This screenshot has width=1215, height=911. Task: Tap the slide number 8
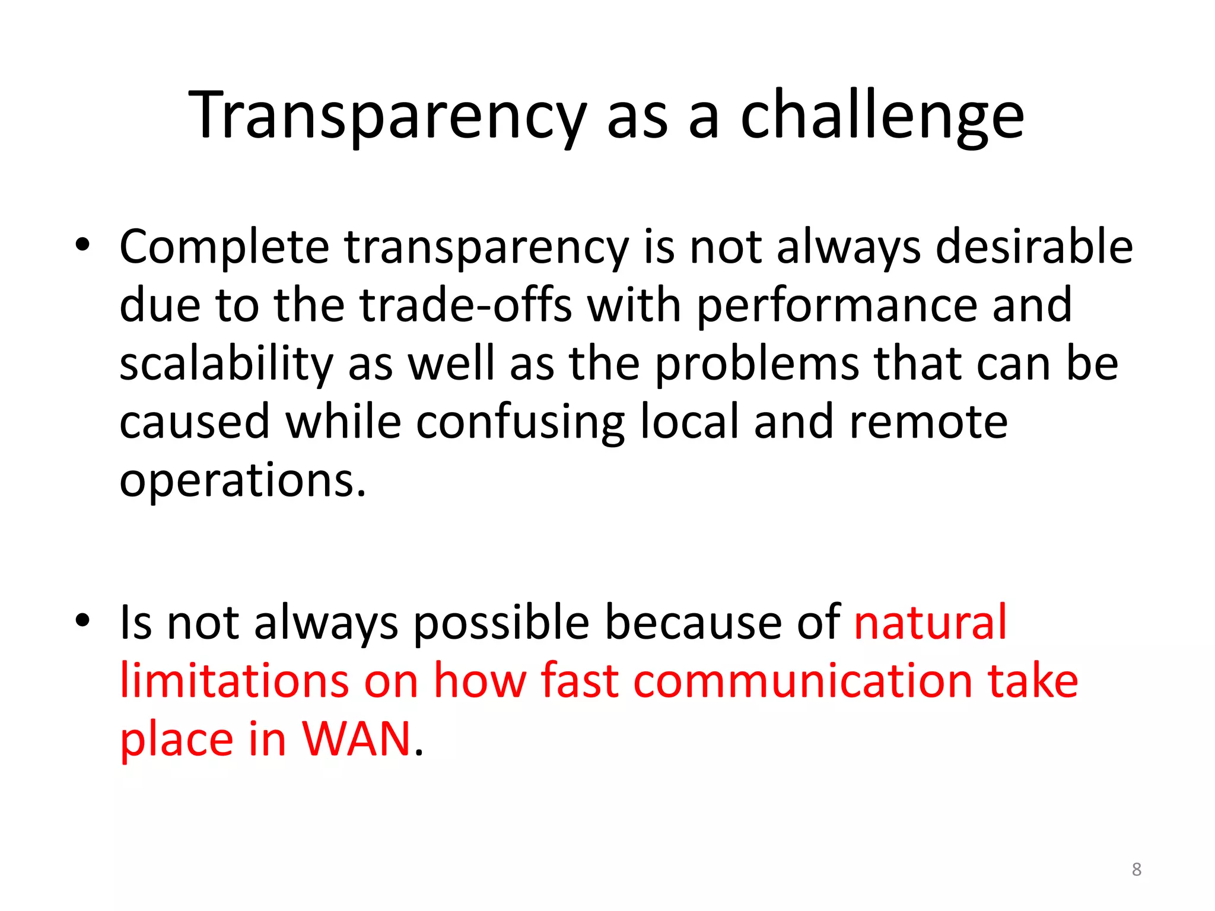click(x=1136, y=869)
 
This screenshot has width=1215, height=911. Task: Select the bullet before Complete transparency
click(x=82, y=246)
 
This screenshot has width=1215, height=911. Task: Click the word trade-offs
click(x=466, y=305)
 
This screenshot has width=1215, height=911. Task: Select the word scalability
click(x=227, y=365)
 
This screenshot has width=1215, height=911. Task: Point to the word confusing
click(x=520, y=423)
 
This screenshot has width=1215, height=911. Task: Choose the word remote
click(x=928, y=422)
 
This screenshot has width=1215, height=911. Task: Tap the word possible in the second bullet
click(x=501, y=623)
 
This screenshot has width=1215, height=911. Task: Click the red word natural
click(x=930, y=622)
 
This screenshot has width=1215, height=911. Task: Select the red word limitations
click(x=234, y=680)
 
